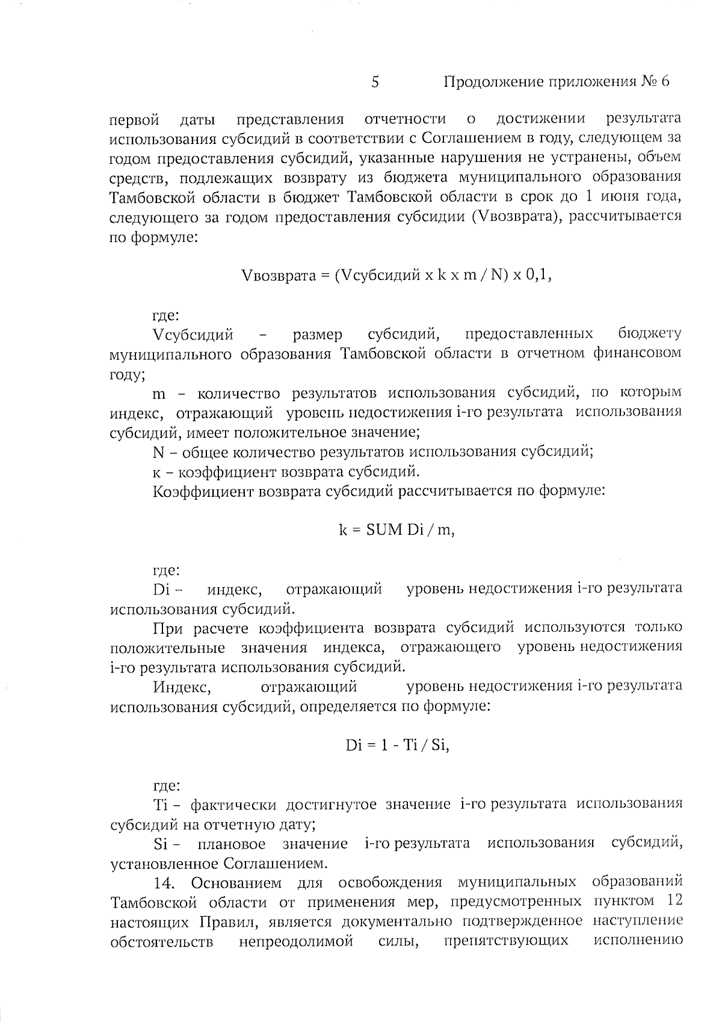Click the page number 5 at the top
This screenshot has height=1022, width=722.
tap(375, 83)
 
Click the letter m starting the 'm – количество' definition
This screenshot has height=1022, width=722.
tap(159, 394)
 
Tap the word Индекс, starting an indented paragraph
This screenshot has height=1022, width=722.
tap(182, 687)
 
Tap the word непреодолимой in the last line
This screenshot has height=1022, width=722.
tap(296, 941)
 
